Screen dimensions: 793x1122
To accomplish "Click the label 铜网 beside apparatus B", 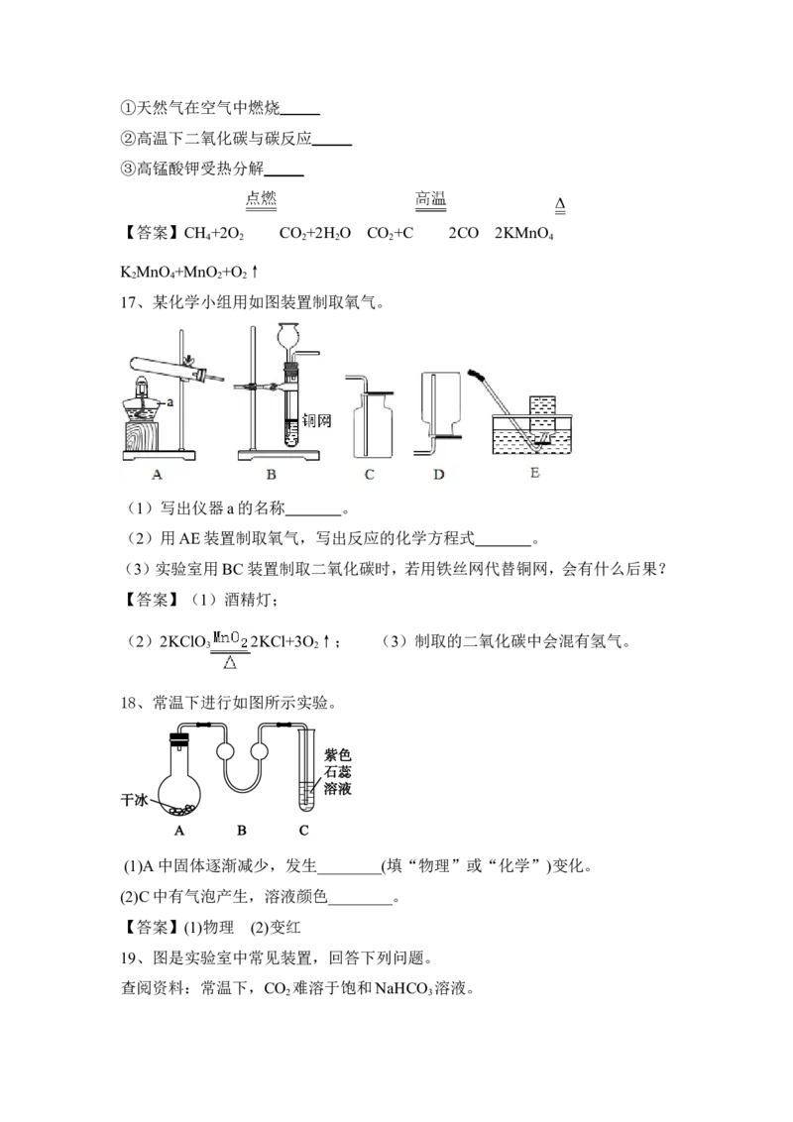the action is (x=316, y=419).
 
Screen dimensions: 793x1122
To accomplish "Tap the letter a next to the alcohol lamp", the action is (x=170, y=402).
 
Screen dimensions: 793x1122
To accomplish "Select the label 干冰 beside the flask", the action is (x=134, y=799).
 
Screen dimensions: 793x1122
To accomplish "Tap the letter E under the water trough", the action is (x=534, y=472).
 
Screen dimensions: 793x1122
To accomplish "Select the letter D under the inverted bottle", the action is (x=439, y=474).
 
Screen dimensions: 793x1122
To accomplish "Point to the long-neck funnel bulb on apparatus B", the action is (x=289, y=335).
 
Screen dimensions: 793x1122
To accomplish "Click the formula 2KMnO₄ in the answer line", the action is (x=524, y=233).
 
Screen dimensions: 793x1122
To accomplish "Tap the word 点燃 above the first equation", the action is (x=262, y=198).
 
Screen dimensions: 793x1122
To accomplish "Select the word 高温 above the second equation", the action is (x=430, y=198).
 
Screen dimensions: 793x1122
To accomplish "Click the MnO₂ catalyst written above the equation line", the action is (x=230, y=638).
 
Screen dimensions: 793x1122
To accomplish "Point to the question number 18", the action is (x=129, y=703).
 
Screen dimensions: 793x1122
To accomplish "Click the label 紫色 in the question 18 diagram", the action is (x=337, y=754).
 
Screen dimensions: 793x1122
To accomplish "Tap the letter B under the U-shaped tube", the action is (x=241, y=830).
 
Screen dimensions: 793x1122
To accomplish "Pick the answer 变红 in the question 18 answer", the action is (x=284, y=928).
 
